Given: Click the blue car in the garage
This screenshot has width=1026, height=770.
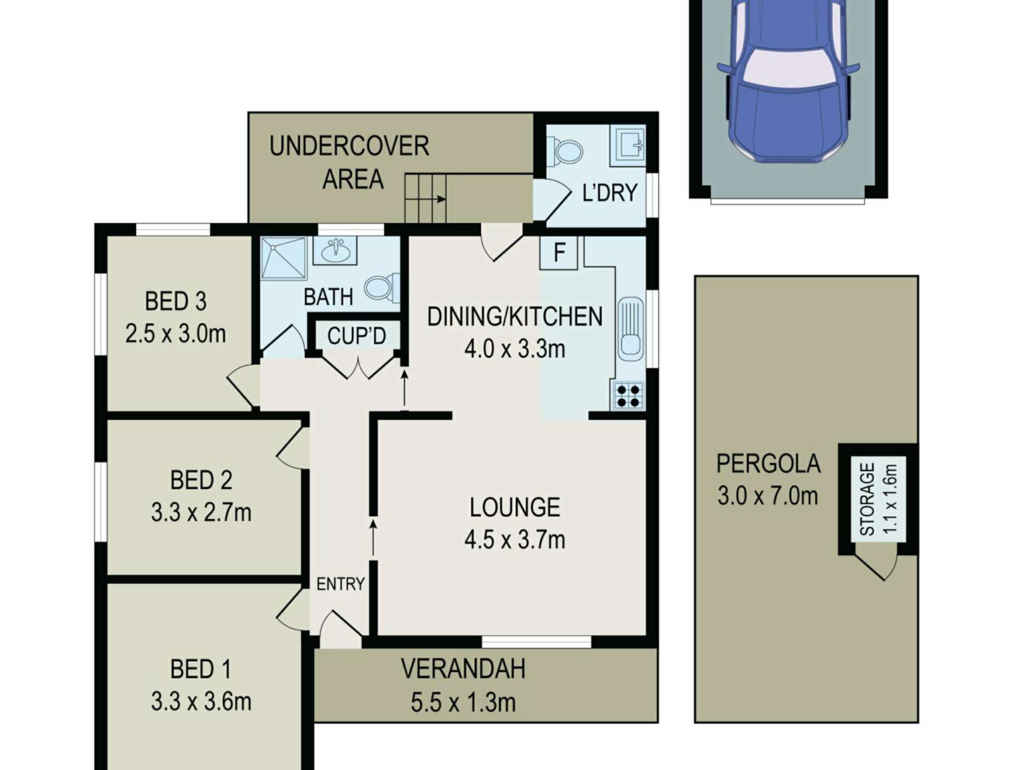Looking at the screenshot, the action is [x=788, y=80].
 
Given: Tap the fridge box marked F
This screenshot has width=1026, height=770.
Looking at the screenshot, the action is [x=559, y=252].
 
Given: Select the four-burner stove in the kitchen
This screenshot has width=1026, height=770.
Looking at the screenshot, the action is [x=628, y=396].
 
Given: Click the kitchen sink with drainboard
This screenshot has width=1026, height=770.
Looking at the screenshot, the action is [x=631, y=329].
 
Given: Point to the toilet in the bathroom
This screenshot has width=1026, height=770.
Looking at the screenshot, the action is [x=382, y=288].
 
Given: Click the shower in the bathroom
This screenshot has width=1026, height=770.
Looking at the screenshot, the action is [x=284, y=258].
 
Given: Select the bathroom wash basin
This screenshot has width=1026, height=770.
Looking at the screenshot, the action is [x=335, y=250].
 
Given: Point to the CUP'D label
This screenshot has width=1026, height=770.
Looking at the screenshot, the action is [x=356, y=336].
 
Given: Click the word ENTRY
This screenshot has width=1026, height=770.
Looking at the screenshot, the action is [x=340, y=584].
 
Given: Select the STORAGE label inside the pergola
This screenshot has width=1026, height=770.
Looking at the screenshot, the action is [x=867, y=499].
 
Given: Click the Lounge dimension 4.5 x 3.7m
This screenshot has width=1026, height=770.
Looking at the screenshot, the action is [x=515, y=540].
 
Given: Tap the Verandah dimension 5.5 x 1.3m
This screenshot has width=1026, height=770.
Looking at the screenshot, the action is [x=463, y=702].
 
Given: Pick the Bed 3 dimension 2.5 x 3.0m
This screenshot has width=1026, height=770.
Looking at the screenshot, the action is [x=175, y=334].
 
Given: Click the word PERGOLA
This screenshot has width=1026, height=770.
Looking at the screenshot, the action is [x=768, y=464].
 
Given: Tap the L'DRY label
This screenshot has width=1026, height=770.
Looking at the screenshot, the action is [x=610, y=192].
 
